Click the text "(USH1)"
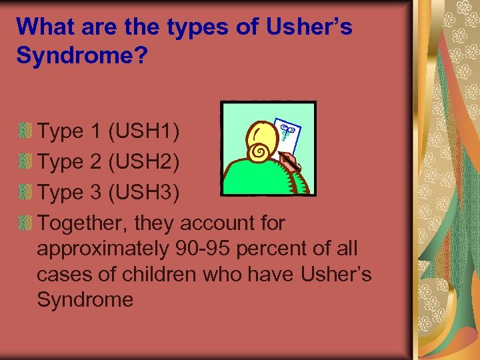point(143,131)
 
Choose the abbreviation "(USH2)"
point(143,161)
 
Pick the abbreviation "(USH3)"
point(143,192)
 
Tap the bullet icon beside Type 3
point(25,192)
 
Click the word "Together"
point(85,223)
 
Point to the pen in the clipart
point(291,162)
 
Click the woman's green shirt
point(260,179)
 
